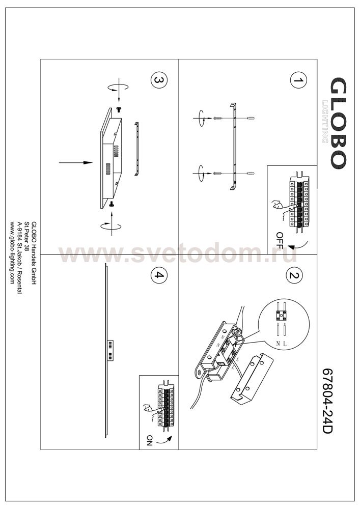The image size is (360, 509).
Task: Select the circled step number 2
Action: tap(294, 275)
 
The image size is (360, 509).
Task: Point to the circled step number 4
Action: tap(159, 275)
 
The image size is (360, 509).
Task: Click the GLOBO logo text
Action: tap(338, 123)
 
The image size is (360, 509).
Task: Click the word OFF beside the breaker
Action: tap(280, 240)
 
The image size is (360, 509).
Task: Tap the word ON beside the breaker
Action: tap(149, 440)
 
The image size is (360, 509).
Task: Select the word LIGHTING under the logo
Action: tap(325, 122)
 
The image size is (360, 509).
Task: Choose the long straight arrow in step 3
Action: tap(76, 162)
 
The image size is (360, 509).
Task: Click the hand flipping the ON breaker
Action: tap(151, 411)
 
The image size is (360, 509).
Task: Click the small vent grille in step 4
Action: tap(111, 350)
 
